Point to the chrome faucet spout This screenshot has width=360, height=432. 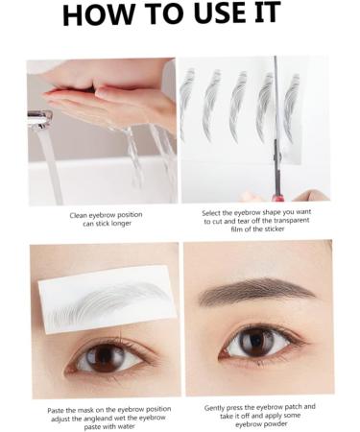click(39, 118)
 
